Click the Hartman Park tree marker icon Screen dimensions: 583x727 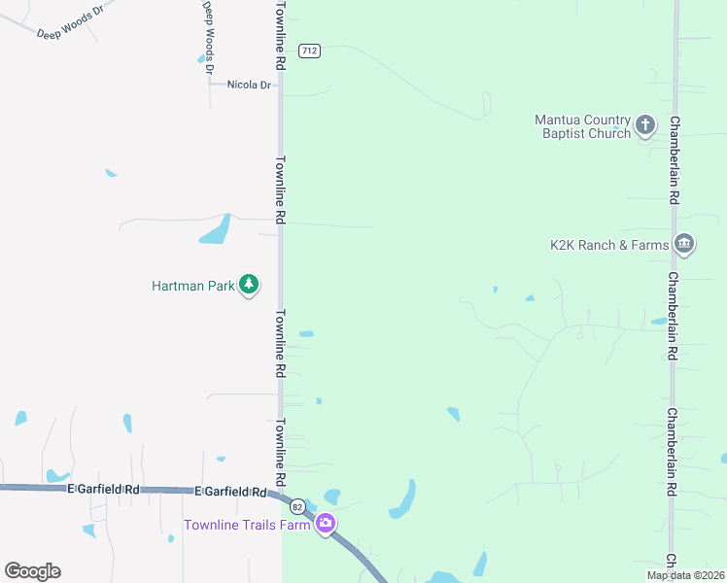click(x=249, y=285)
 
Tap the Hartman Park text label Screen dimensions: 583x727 click(x=193, y=286)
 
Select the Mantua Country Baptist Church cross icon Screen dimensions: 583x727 click(x=645, y=125)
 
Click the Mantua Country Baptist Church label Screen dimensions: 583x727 click(x=583, y=126)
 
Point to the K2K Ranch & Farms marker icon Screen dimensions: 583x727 click(x=683, y=243)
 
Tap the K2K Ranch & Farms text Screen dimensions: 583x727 click(x=609, y=245)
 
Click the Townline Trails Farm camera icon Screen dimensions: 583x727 click(x=326, y=524)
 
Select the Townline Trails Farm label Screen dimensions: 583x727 click(x=247, y=526)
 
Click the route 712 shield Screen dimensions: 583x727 click(x=309, y=51)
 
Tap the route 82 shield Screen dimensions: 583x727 click(x=297, y=506)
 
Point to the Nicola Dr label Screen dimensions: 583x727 click(x=249, y=86)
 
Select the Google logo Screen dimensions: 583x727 click(x=33, y=571)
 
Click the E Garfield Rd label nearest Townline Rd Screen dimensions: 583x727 click(x=230, y=493)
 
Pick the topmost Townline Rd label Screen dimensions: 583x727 click(x=280, y=35)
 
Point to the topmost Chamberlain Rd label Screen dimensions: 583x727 click(x=673, y=159)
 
